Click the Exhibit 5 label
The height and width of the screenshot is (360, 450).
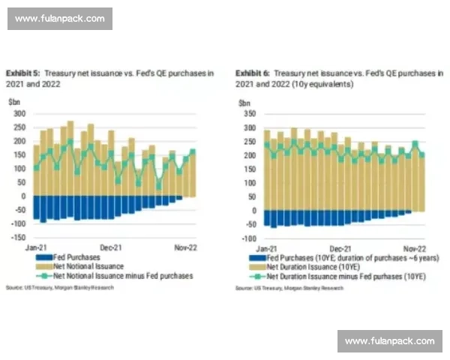coord(23,73)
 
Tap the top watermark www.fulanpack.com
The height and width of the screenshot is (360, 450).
coord(60,19)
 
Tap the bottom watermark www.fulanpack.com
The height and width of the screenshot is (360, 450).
coord(389,341)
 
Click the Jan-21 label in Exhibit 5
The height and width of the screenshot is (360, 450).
coord(37,246)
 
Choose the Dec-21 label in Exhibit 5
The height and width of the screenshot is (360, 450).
coord(111,246)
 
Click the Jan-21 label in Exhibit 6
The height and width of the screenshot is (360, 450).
coord(266,247)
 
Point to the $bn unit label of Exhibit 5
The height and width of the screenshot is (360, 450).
coord(14,101)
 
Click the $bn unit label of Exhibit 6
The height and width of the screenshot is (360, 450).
coord(244,101)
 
